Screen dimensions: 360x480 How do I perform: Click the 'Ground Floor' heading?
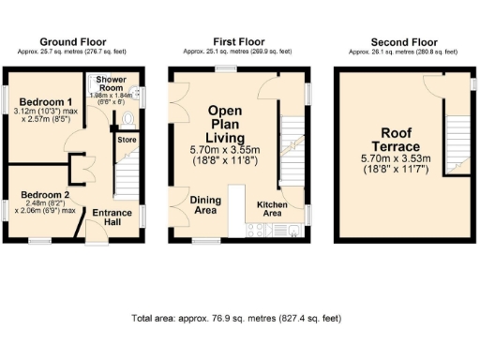coord(72,42)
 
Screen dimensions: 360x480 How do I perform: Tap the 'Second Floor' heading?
coord(404,42)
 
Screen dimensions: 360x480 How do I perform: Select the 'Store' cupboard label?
coord(126,140)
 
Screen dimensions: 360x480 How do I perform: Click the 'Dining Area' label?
coord(205,205)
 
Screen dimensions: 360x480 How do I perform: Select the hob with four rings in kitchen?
coord(254,230)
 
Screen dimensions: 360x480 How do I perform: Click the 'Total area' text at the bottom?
coord(239,319)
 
